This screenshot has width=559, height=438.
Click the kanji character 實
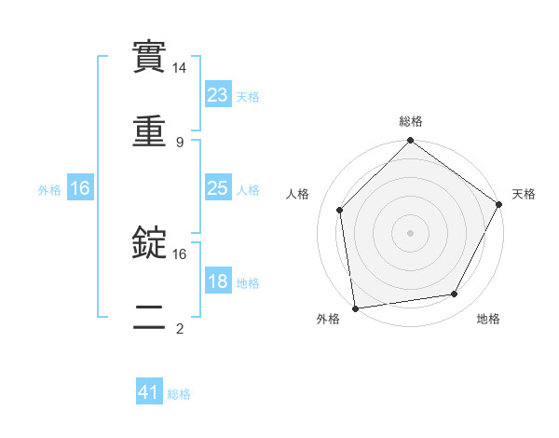click(150, 56)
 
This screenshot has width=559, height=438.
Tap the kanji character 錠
click(150, 242)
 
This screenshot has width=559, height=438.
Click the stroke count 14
click(180, 68)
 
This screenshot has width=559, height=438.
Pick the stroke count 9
click(180, 142)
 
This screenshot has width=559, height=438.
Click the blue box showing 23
click(218, 94)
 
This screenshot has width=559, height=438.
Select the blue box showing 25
click(218, 188)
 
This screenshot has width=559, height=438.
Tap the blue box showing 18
click(218, 281)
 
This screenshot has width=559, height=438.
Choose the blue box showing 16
click(80, 188)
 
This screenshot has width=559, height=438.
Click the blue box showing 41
click(149, 393)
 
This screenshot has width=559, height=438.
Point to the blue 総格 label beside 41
click(180, 394)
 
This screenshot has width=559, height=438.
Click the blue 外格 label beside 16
click(49, 189)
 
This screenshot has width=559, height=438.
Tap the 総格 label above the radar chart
click(411, 122)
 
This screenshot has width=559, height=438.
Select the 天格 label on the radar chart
click(525, 194)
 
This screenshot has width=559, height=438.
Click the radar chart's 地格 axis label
click(488, 319)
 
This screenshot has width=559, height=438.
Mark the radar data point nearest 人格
click(340, 210)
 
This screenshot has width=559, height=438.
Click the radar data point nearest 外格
click(355, 308)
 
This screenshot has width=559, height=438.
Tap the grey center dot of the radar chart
click(410, 232)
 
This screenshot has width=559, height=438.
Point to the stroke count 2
click(180, 328)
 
